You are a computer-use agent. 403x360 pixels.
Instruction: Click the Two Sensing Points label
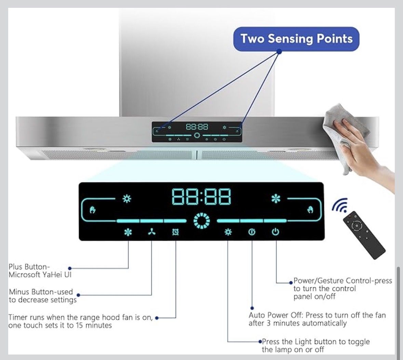[296, 39]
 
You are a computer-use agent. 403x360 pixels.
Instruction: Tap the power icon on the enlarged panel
[275, 232]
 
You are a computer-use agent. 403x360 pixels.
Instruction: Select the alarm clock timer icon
[175, 232]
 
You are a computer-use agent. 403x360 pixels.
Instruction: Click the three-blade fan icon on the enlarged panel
[152, 232]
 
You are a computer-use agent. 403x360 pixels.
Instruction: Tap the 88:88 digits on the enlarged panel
[201, 197]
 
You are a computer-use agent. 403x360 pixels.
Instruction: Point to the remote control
[364, 235]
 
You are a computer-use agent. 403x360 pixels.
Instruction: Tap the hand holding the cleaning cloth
[365, 149]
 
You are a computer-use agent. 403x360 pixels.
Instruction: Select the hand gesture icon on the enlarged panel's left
[93, 210]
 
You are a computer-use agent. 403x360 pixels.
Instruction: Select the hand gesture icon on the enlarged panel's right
[310, 210]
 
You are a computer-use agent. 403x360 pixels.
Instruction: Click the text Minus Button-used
[41, 292]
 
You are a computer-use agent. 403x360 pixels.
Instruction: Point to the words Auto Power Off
[276, 315]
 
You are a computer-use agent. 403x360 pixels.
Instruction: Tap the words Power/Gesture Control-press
[342, 281]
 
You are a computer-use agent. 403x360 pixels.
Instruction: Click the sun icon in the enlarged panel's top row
[127, 199]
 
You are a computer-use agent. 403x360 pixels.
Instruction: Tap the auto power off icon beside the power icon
[252, 232]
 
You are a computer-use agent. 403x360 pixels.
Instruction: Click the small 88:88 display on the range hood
[197, 127]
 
